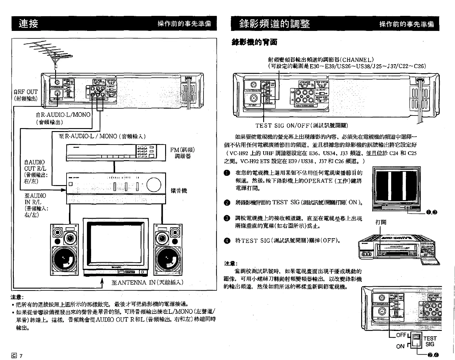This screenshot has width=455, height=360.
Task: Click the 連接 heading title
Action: pyautogui.click(x=28, y=24)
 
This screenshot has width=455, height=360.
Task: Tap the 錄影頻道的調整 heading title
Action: pyautogui.click(x=275, y=24)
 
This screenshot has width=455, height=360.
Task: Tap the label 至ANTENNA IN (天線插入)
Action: pyautogui.click(x=147, y=283)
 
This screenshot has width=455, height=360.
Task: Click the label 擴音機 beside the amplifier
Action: pyautogui.click(x=179, y=190)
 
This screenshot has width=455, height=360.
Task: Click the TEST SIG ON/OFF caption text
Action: pyautogui.click(x=301, y=125)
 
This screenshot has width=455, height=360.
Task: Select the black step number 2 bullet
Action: pyautogui.click(x=227, y=203)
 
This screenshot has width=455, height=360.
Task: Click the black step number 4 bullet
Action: pyautogui.click(x=227, y=241)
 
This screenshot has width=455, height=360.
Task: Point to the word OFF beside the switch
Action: pyautogui.click(x=401, y=335)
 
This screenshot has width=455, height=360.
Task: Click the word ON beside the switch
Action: pyautogui.click(x=400, y=346)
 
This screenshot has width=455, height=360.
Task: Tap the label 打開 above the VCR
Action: pyautogui.click(x=381, y=222)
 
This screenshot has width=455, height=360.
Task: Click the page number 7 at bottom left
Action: pyautogui.click(x=21, y=356)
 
